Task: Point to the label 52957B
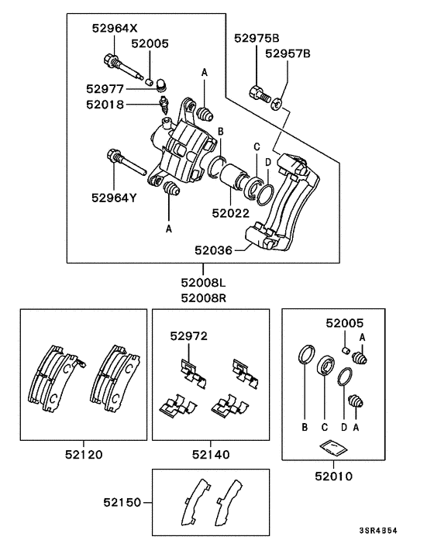(x=288, y=53)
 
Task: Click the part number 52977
(x=105, y=88)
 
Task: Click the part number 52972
(x=189, y=335)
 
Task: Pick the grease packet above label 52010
(x=331, y=446)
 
